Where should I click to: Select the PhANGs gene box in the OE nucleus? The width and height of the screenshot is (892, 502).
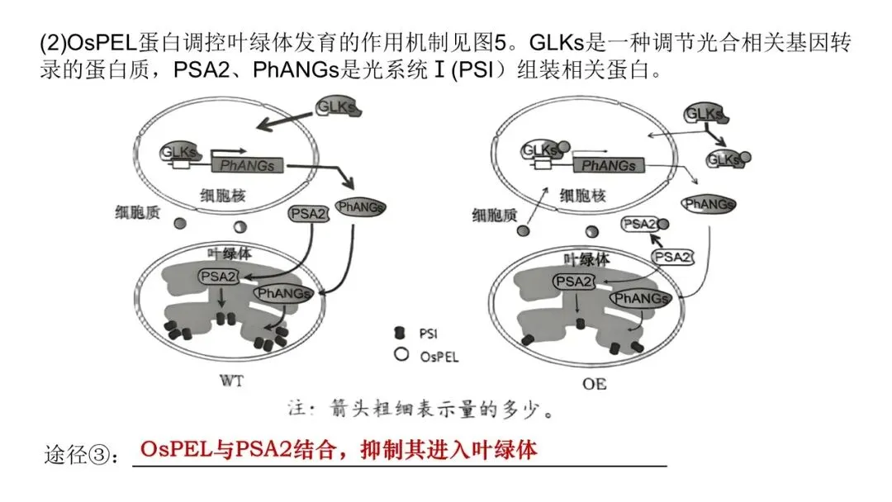tap(609, 165)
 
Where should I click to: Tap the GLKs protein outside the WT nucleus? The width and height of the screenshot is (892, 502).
tap(337, 107)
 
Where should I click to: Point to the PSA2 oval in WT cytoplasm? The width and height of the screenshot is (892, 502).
tap(307, 214)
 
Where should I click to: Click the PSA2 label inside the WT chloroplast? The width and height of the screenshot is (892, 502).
tap(218, 277)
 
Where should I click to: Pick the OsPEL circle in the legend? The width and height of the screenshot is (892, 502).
tap(401, 356)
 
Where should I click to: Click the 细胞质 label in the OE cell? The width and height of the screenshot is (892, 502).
tap(495, 215)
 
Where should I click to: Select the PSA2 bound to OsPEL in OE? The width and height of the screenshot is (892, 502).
tap(643, 224)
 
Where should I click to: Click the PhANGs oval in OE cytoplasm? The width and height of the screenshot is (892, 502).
tap(708, 203)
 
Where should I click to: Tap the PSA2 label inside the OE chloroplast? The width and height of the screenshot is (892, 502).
tap(573, 282)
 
